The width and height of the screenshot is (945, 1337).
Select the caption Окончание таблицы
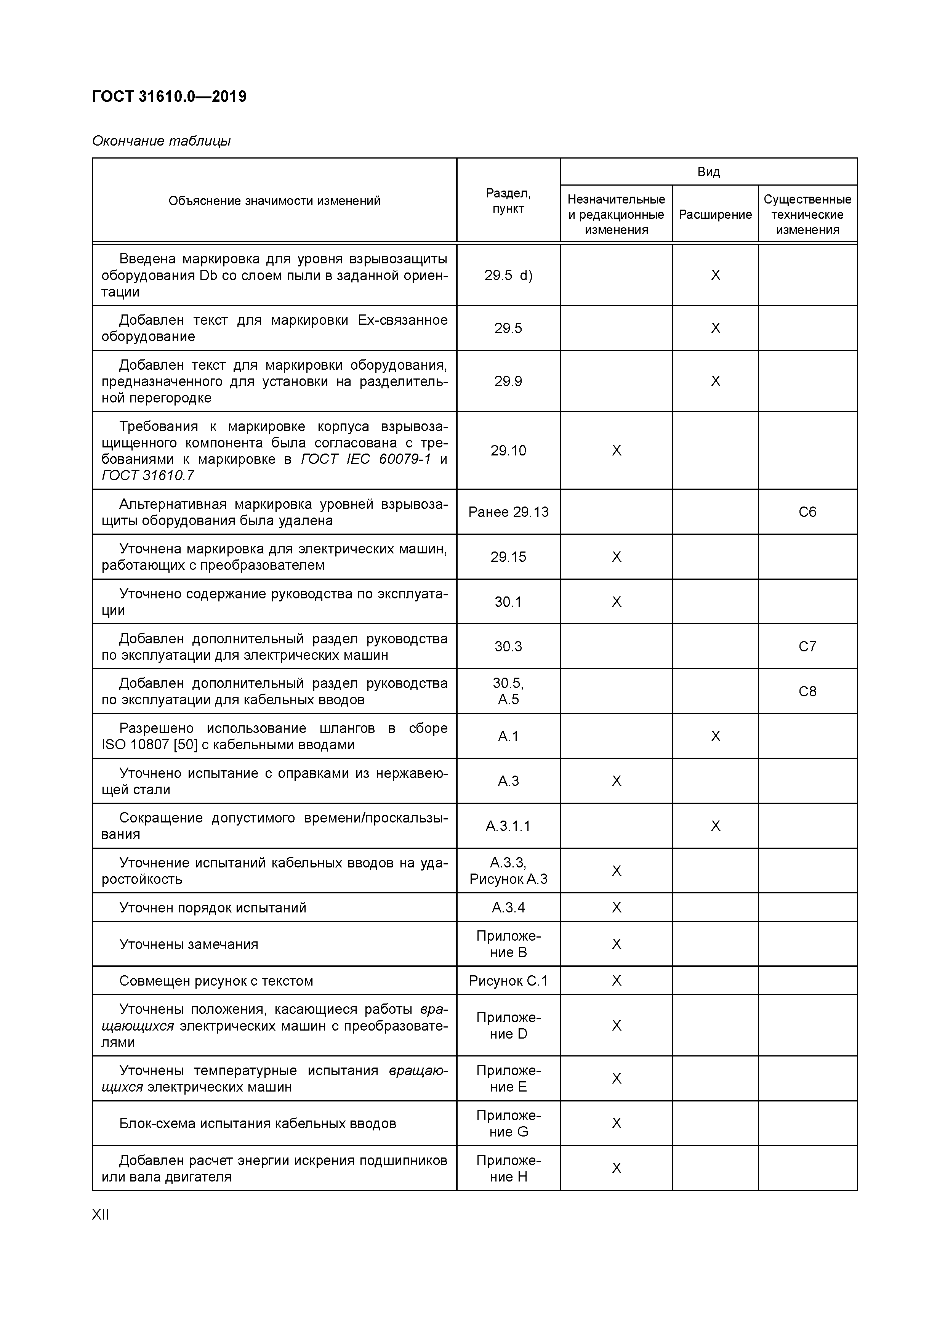(x=161, y=141)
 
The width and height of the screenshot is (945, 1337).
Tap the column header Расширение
(x=715, y=214)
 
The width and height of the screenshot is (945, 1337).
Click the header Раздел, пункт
(x=508, y=200)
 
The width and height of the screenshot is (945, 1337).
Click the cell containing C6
(x=807, y=512)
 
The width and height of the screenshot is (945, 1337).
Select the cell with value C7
(x=807, y=646)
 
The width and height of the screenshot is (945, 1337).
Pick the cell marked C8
(x=807, y=691)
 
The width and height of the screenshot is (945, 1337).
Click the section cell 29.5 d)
(x=508, y=275)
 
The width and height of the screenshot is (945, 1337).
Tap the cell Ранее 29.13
(x=508, y=512)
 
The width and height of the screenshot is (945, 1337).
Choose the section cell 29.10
(x=508, y=450)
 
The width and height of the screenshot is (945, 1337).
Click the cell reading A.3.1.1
(x=508, y=826)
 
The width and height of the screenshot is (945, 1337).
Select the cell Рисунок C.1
(x=508, y=981)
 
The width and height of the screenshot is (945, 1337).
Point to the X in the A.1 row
(x=715, y=736)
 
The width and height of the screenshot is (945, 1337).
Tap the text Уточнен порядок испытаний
(x=213, y=907)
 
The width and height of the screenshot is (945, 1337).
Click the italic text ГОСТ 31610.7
(x=148, y=475)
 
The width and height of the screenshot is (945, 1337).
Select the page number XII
(x=101, y=1215)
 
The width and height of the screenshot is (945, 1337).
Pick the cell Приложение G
(x=508, y=1123)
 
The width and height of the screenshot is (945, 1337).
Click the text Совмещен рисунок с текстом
(x=216, y=981)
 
